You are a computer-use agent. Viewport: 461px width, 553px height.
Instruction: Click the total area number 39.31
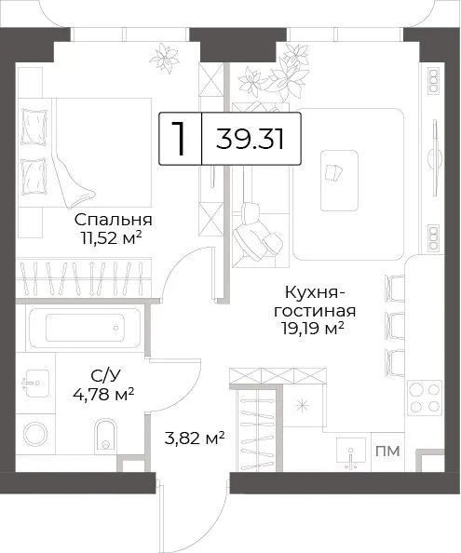(x=250, y=139)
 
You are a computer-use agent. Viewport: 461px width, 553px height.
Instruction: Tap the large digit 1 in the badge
(x=179, y=139)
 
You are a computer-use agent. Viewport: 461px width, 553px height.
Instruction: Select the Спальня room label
(x=114, y=220)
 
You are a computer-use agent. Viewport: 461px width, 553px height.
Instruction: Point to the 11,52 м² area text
(x=111, y=238)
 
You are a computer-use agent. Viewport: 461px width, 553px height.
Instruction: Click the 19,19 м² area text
(x=313, y=329)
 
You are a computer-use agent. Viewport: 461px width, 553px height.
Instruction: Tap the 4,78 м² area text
(x=103, y=394)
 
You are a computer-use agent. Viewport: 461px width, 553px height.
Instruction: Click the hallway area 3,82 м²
(x=195, y=438)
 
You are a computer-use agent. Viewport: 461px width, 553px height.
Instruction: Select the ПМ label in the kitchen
(x=387, y=452)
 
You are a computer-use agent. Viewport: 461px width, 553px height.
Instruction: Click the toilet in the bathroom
(x=105, y=436)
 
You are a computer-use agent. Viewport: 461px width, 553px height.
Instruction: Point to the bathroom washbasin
(x=35, y=383)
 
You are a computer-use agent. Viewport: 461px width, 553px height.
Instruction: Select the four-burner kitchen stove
(x=425, y=398)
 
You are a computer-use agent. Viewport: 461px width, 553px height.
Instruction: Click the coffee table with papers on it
(x=339, y=181)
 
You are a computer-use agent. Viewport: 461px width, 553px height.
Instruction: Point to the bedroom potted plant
(x=164, y=59)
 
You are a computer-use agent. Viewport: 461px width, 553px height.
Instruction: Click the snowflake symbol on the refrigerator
(x=303, y=406)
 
